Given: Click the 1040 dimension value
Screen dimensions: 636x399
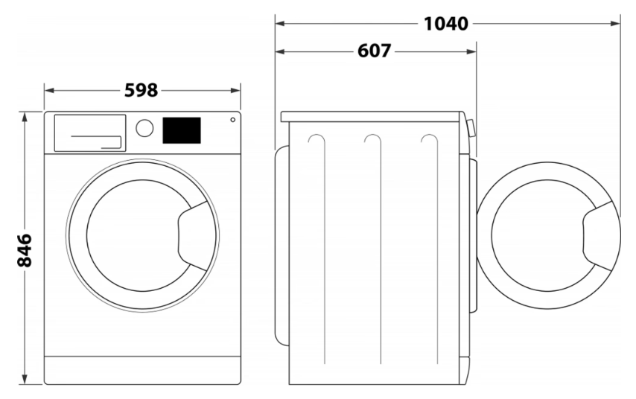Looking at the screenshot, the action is (446, 24).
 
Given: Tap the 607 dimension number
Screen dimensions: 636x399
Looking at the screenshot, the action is (375, 51).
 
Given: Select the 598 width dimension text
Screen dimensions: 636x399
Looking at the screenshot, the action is (141, 90).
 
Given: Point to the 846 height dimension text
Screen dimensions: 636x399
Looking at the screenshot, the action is (25, 250).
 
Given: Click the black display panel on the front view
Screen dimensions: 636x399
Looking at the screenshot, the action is (182, 130).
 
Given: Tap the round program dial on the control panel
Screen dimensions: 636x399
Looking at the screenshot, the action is (144, 128).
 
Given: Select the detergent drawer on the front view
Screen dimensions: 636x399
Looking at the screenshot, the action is (90, 133).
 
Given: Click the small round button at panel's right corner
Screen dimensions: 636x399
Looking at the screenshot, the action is (233, 120).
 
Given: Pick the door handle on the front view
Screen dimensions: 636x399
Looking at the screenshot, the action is (192, 236).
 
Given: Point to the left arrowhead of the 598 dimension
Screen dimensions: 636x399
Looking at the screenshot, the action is (49, 90).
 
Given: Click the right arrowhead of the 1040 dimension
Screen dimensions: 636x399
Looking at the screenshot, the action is (615, 24).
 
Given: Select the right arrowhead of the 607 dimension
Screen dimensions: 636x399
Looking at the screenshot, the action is (471, 51).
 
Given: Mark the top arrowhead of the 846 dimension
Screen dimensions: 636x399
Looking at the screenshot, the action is (25, 117).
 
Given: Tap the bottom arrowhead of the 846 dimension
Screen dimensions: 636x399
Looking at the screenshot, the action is (25, 379).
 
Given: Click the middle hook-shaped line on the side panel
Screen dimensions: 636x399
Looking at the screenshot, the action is (381, 249).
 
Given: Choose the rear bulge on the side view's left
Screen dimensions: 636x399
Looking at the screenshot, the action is (282, 246).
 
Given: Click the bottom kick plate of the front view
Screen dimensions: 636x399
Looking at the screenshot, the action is (142, 370).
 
